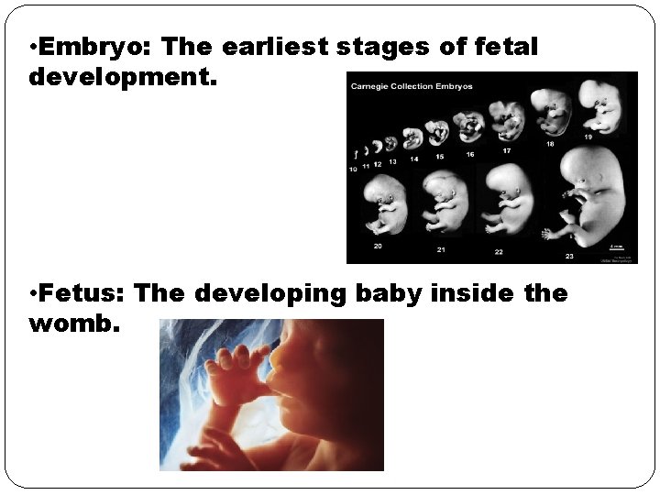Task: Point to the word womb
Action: (73, 324)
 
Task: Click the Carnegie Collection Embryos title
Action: (411, 87)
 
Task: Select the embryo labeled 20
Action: (385, 203)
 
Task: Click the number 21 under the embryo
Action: (441, 249)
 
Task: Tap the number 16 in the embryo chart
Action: (469, 155)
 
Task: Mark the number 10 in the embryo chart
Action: (353, 170)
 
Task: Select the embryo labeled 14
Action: (413, 138)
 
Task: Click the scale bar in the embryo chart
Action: (618, 245)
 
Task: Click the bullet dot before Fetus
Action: (33, 294)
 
